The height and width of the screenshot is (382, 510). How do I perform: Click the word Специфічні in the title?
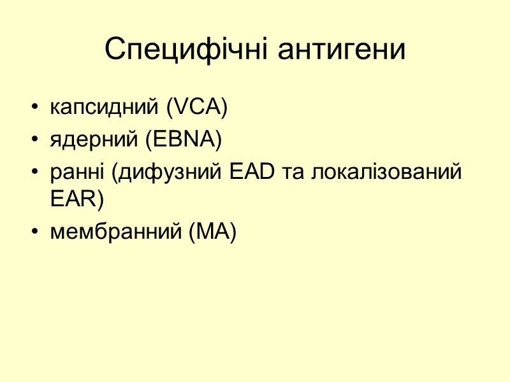(181, 50)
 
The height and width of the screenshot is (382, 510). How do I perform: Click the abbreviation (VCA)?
(196, 108)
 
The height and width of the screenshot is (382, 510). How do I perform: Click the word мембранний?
(115, 232)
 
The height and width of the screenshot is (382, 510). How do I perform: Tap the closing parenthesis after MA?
(233, 233)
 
